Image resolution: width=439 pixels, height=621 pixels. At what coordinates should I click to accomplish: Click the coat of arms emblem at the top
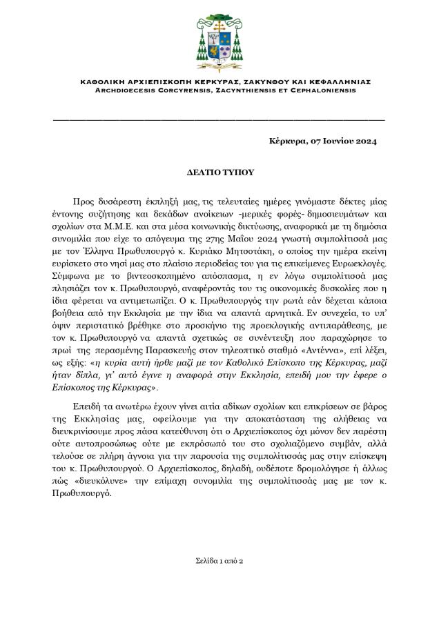point(219,35)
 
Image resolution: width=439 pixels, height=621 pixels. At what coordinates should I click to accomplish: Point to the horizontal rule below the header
point(219,120)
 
